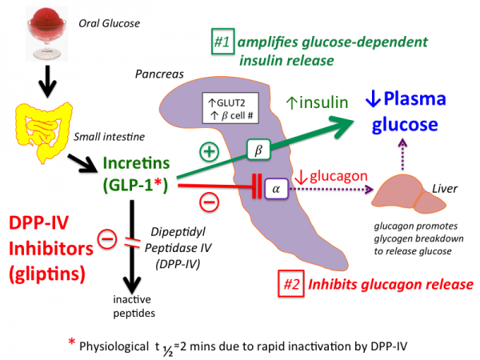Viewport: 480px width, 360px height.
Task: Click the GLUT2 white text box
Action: [x=234, y=108]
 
